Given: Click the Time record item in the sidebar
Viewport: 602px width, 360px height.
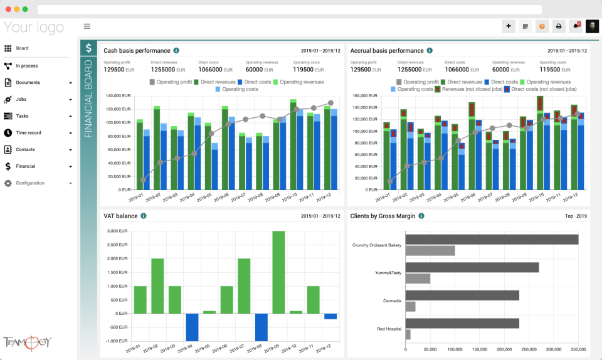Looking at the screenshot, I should (28, 133).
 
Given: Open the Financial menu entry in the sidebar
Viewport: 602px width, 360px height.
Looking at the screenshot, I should (25, 166).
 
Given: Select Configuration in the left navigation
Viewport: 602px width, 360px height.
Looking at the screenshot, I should (29, 183).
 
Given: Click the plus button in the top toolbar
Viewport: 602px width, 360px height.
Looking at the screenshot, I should (509, 26).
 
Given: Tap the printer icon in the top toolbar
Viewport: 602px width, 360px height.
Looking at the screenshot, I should (559, 26).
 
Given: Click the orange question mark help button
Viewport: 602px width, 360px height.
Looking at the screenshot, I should (542, 26).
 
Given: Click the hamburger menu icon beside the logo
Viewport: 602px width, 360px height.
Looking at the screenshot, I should (87, 26).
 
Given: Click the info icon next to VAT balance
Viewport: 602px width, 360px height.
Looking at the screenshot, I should (144, 216).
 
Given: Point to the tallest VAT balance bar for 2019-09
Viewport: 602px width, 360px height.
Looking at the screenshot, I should (278, 272).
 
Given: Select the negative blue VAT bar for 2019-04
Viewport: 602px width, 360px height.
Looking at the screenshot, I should (192, 327).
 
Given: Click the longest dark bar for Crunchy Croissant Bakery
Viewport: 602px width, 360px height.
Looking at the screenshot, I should (492, 240).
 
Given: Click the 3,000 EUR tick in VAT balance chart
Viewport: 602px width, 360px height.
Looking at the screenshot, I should (117, 231).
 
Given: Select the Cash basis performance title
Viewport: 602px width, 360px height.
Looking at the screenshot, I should (137, 51).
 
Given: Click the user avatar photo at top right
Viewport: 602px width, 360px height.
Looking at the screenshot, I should (592, 26).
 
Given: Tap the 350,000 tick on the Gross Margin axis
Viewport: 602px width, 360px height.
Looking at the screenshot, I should (578, 349).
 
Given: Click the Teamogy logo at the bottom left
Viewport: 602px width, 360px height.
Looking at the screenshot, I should (27, 342).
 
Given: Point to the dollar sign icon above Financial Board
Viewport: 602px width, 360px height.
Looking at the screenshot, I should (88, 48).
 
